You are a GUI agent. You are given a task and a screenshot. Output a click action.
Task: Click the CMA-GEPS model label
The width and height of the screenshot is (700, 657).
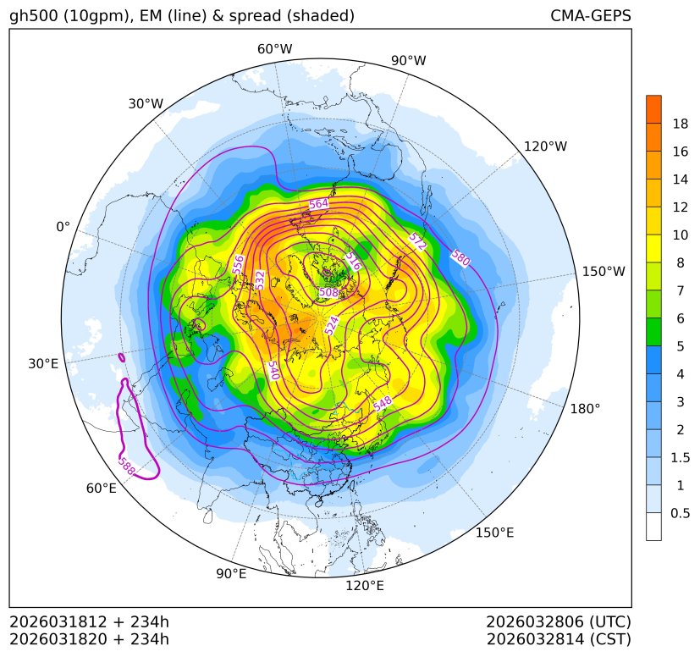pyautogui.click(x=590, y=16)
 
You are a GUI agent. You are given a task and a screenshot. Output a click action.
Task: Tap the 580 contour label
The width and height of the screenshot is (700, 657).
pyautogui.click(x=460, y=258)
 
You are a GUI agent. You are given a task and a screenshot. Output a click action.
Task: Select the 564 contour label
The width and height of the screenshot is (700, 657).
pyautogui.click(x=318, y=204)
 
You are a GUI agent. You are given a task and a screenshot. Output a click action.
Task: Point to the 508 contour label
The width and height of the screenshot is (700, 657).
pyautogui.click(x=328, y=292)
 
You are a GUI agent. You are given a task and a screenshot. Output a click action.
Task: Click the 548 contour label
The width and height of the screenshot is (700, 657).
pyautogui.click(x=383, y=404)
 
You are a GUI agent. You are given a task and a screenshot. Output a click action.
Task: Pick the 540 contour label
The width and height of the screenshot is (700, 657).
pyautogui.click(x=273, y=370)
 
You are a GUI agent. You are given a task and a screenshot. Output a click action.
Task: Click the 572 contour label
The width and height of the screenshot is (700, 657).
pyautogui.click(x=416, y=241)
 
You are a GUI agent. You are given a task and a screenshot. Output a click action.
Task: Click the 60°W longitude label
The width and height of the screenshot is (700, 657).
pyautogui.click(x=274, y=49)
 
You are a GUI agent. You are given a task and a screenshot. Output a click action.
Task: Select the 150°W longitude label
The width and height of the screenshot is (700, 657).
pyautogui.click(x=604, y=272)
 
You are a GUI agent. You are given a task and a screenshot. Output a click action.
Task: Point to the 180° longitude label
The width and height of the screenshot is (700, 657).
pyautogui.click(x=585, y=409)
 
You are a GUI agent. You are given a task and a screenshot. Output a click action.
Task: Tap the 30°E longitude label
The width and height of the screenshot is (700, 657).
pyautogui.click(x=43, y=364)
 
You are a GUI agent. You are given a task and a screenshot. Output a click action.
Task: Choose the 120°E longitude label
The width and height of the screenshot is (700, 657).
pyautogui.click(x=365, y=585)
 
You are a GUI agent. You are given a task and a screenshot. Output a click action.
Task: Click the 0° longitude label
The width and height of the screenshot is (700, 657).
pyautogui.click(x=63, y=227)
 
